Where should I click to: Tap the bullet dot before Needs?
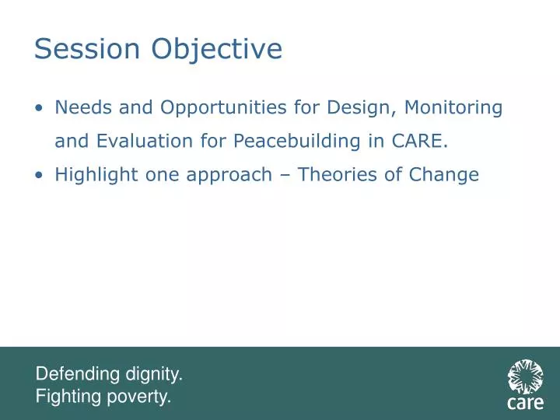coord(40,108)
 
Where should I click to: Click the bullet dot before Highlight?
coord(40,175)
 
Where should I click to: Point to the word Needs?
coord(81,107)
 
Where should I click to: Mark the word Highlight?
coord(96,175)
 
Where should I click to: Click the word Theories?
coord(336,175)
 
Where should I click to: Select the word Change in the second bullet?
coord(446,176)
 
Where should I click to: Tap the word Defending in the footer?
coord(79,375)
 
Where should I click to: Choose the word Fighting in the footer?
coord(68,397)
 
